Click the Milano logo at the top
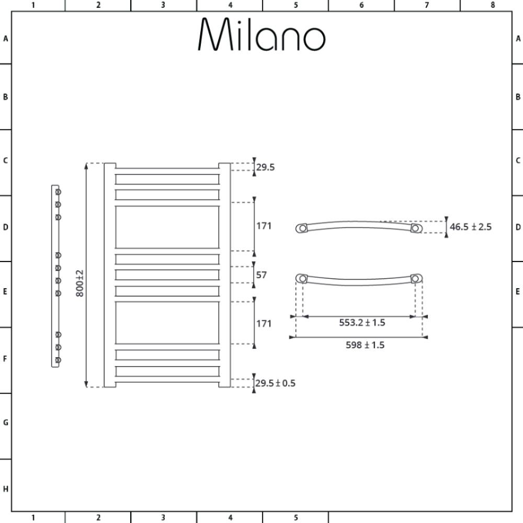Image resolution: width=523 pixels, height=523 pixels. (x=261, y=34)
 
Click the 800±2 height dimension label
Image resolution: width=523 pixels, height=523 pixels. (x=79, y=283)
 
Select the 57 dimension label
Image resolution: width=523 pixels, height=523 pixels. (x=261, y=275)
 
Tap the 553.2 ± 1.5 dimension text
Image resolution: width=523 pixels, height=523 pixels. (x=362, y=323)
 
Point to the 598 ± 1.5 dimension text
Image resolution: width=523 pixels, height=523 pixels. (x=365, y=345)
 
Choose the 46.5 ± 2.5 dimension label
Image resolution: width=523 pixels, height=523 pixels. (x=471, y=227)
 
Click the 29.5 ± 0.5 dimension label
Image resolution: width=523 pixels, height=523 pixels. (x=276, y=383)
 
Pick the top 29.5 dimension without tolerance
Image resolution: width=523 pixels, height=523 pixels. (x=266, y=167)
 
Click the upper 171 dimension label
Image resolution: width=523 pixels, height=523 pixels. (x=264, y=226)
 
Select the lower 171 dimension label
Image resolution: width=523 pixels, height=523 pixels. (x=264, y=324)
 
